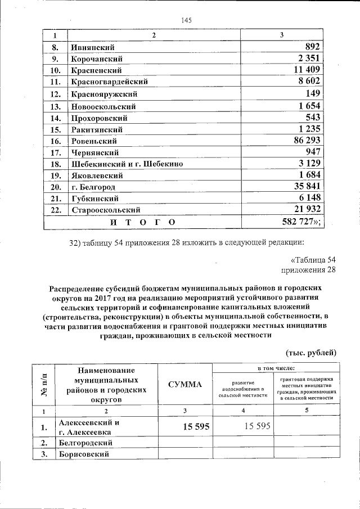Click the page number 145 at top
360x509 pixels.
187,20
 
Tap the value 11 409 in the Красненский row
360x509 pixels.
304,70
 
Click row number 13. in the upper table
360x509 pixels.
55,106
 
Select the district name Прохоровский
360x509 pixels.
99,118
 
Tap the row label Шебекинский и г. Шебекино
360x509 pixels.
127,164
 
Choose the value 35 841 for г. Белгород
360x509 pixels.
304,187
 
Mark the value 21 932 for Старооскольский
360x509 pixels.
304,210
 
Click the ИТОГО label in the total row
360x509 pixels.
142,222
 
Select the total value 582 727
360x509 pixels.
301,222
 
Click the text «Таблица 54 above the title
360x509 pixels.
313,260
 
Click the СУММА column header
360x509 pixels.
184,385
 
